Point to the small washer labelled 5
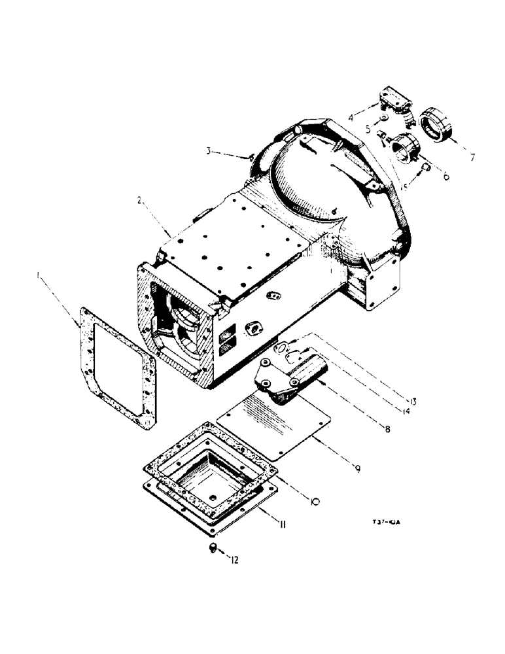(x=385, y=118)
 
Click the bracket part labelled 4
(x=392, y=101)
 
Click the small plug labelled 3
(x=252, y=156)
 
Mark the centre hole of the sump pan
(x=209, y=485)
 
